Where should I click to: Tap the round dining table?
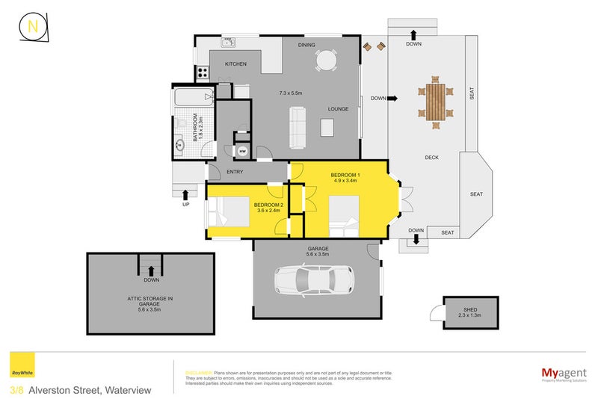point(327,60)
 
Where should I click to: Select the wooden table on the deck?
point(436,101)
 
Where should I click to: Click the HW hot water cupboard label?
point(241,152)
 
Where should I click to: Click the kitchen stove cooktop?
point(202,72)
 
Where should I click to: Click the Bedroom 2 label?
point(268,205)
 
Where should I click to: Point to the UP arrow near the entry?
point(185,197)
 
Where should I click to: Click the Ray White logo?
point(22,368)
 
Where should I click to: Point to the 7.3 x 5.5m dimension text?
point(291,93)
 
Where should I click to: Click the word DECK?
point(431,158)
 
